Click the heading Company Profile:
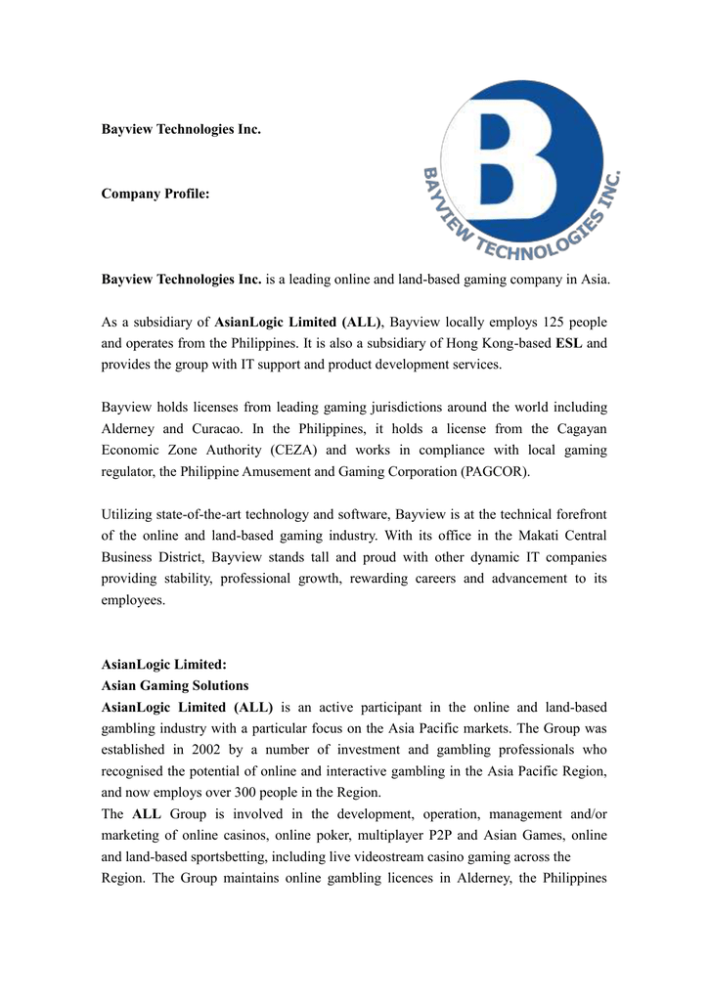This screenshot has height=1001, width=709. [155, 195]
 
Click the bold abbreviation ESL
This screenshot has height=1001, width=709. [568, 343]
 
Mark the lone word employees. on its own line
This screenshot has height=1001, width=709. [134, 599]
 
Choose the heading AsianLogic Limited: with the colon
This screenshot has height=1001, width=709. [164, 664]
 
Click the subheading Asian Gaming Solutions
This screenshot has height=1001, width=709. [175, 685]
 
